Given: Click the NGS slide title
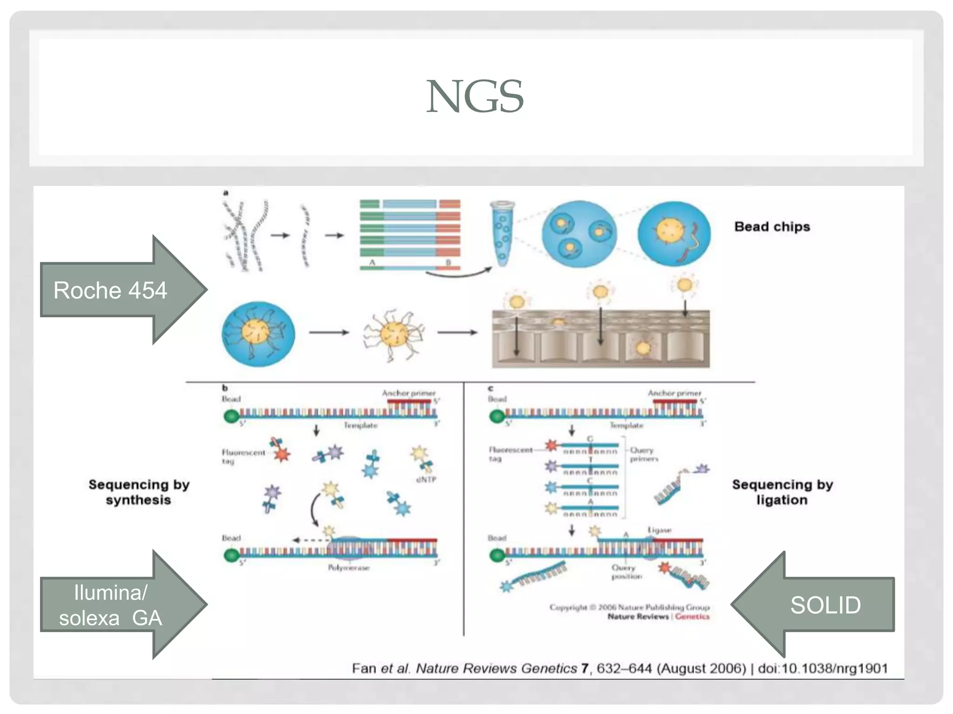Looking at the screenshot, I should [475, 97].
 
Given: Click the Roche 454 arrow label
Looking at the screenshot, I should [110, 291].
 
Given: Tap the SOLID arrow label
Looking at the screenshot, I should [825, 605].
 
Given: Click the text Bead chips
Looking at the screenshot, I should [772, 227].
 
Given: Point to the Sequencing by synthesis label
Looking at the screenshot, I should [139, 492].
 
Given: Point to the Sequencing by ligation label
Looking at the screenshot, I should [782, 492].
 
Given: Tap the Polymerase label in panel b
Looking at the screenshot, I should [349, 568].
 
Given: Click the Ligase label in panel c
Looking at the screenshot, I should [659, 530].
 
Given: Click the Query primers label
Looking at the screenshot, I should [644, 454].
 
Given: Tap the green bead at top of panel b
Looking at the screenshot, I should [231, 416].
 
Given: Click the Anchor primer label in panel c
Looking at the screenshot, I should [674, 393].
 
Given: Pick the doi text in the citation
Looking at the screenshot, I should [823, 668].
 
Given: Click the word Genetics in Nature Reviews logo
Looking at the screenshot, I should [692, 616].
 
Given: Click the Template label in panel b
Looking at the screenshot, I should [360, 425].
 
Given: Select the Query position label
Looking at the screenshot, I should [626, 572].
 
